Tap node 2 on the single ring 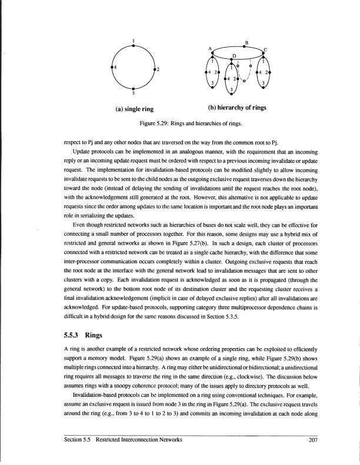[154, 68]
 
